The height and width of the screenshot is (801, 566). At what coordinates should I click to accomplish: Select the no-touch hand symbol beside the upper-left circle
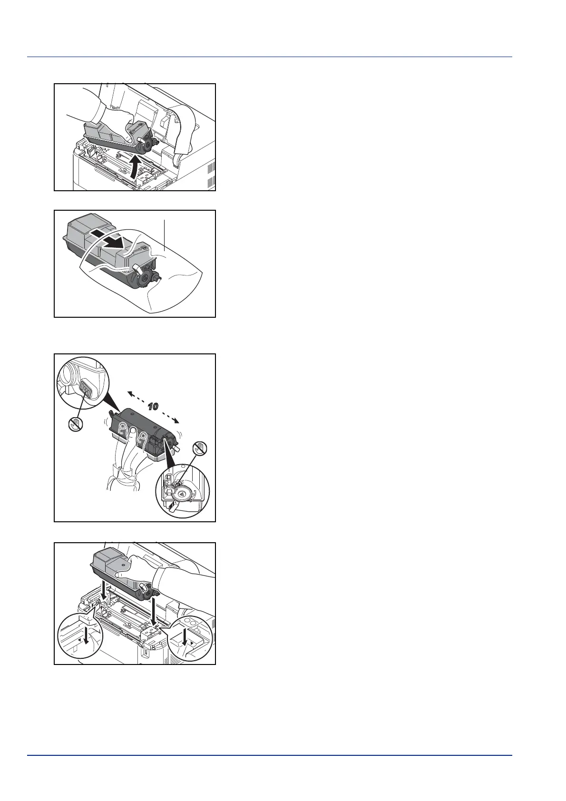point(76,425)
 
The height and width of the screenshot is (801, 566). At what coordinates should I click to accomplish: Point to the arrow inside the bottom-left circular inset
point(86,646)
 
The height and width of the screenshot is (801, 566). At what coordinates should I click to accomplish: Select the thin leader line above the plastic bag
point(165,235)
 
